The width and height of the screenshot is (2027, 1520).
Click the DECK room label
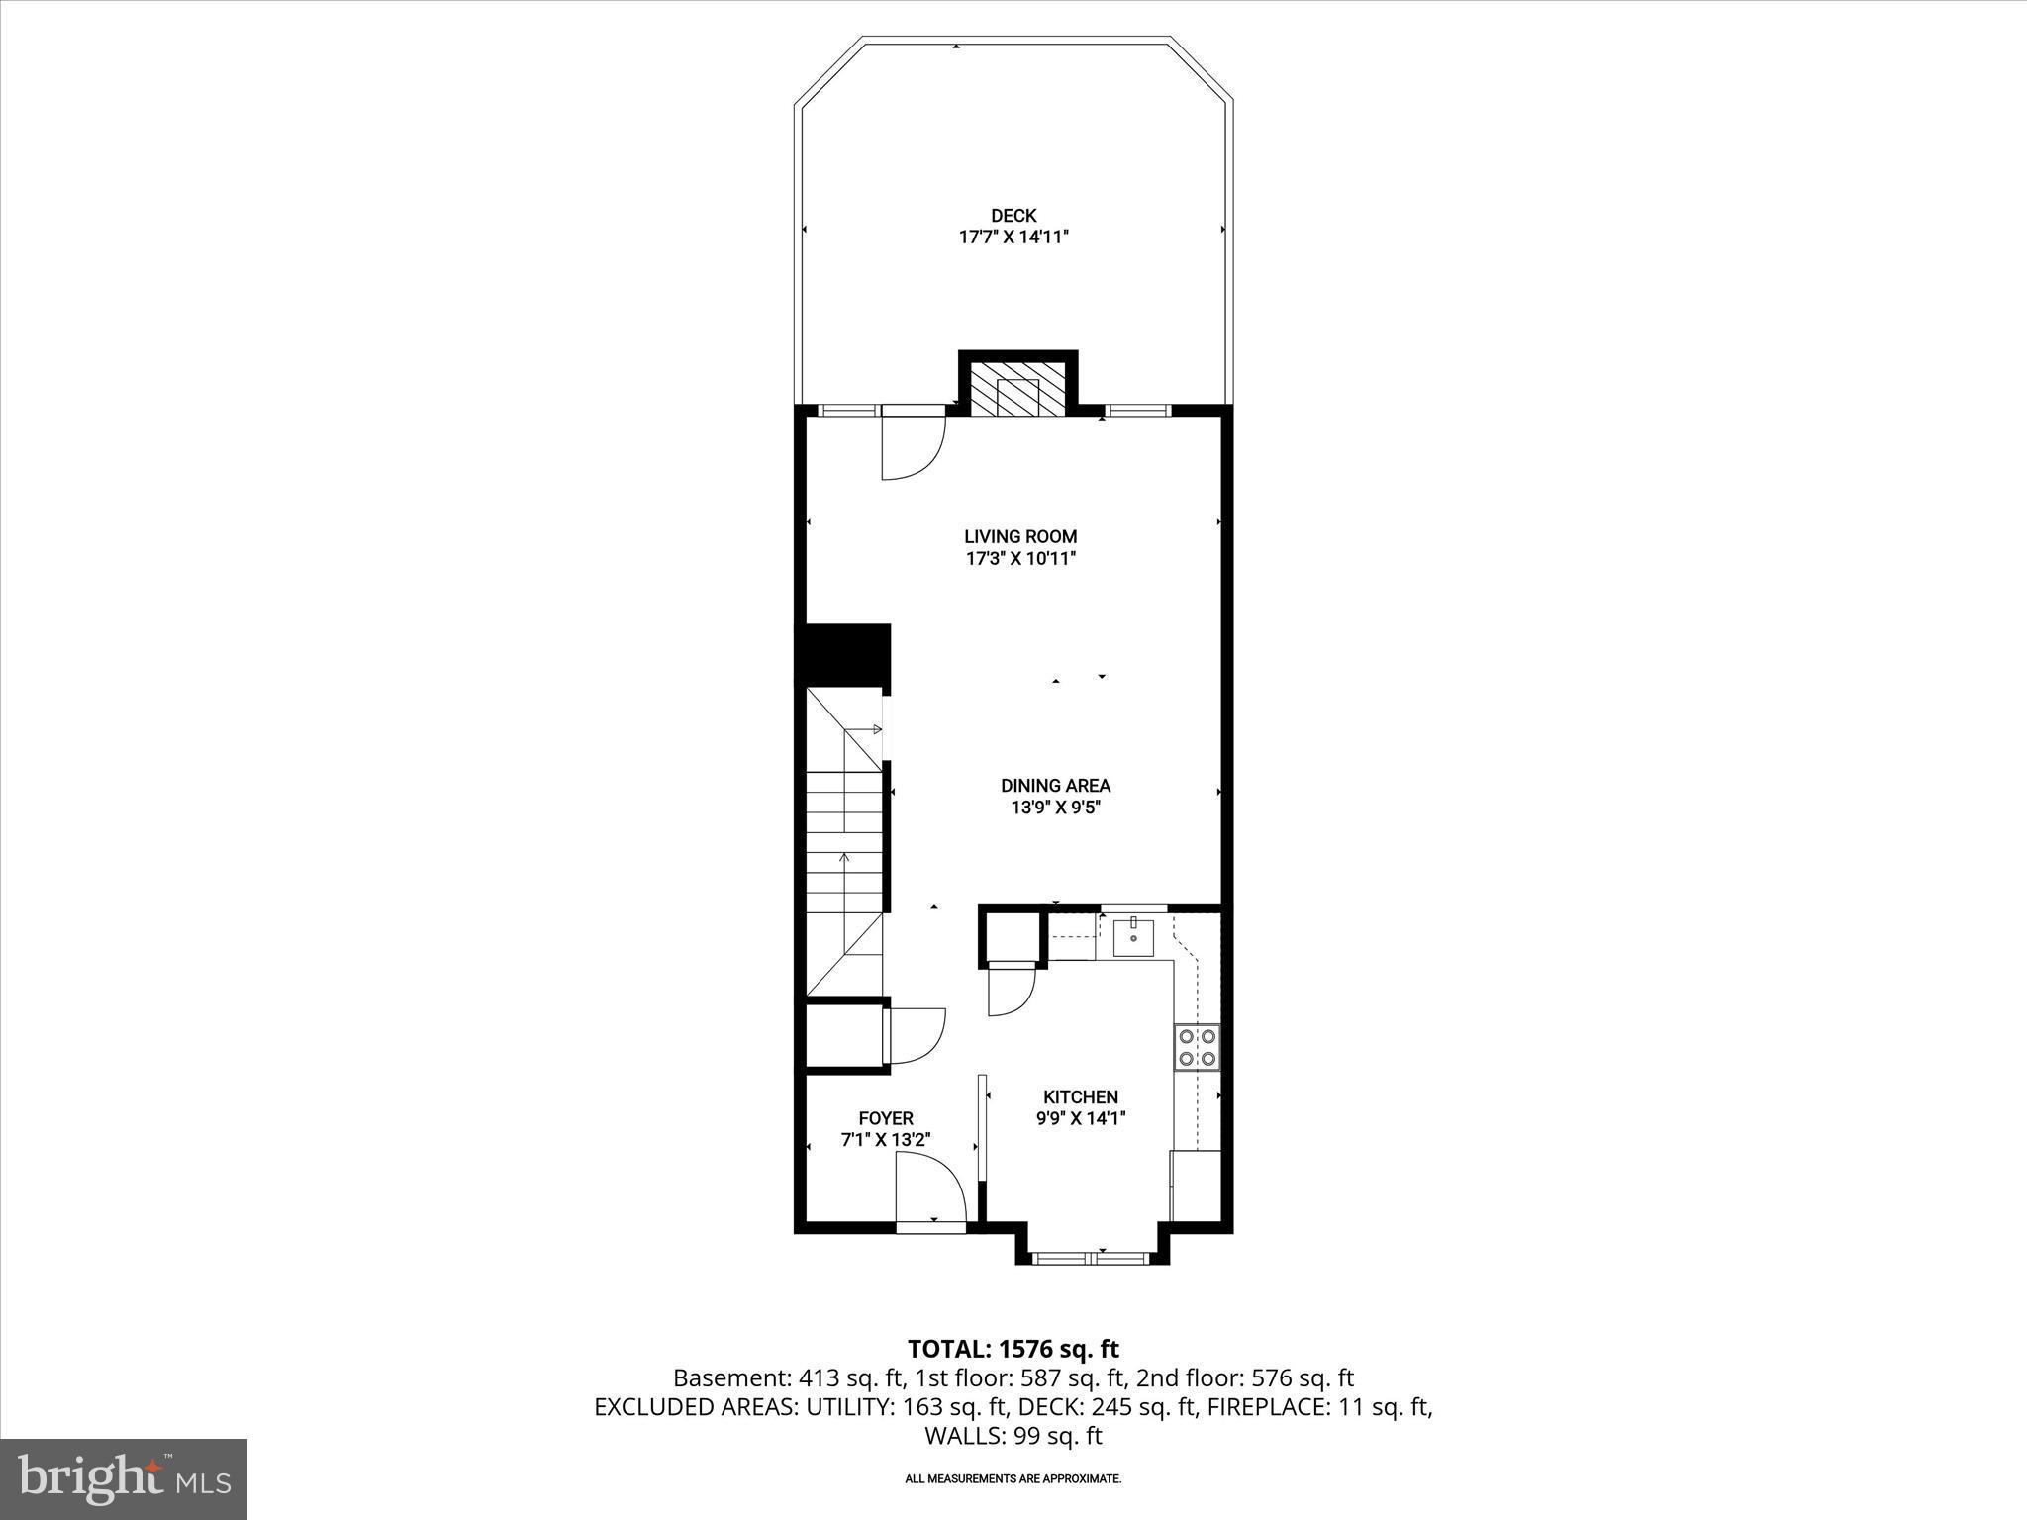point(1013,216)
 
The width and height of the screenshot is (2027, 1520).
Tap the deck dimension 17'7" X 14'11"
point(1013,237)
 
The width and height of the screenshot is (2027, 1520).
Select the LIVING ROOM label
point(1020,536)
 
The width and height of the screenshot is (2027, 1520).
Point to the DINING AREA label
point(1055,786)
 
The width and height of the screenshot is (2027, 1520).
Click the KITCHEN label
point(1081,1096)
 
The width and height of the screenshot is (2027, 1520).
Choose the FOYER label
point(885,1118)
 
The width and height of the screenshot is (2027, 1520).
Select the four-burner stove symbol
point(1197,1048)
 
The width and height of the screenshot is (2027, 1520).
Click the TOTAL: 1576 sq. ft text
point(1013,1349)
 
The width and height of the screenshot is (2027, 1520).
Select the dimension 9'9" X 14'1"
point(1081,1119)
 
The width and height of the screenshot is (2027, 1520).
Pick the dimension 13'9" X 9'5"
point(1055,807)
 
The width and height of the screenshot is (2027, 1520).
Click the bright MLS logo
point(124,1478)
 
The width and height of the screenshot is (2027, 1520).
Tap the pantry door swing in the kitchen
point(1010,990)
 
